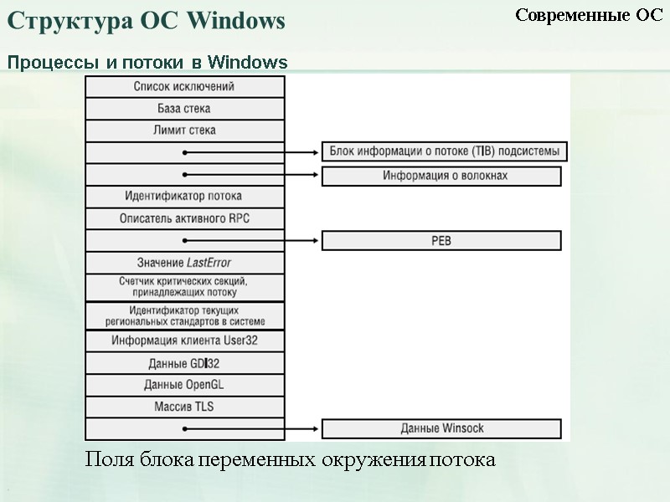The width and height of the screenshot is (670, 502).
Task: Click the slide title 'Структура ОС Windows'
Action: (x=147, y=22)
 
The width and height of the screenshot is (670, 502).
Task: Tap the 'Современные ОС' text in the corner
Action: (x=589, y=15)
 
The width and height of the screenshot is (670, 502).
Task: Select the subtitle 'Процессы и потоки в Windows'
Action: (x=148, y=63)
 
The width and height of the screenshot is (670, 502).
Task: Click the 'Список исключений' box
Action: (x=184, y=86)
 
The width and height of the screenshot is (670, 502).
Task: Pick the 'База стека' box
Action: (x=184, y=109)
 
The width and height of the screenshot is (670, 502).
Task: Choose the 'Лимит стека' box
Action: (x=184, y=131)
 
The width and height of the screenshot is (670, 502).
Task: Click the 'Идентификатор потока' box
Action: (x=184, y=196)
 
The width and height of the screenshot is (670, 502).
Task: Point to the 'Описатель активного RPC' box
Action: (x=184, y=218)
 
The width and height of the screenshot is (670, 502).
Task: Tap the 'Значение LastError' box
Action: (x=184, y=262)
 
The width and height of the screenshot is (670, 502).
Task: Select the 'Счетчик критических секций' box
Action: (x=184, y=287)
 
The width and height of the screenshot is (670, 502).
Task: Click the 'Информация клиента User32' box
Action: (x=184, y=341)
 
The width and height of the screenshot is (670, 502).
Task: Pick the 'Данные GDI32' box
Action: (x=184, y=363)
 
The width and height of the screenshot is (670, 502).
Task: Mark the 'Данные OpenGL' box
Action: (x=184, y=385)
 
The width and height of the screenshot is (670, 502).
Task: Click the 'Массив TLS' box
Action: (x=184, y=407)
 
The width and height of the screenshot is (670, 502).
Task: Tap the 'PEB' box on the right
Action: (x=441, y=240)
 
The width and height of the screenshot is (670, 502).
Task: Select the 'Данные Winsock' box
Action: (x=441, y=428)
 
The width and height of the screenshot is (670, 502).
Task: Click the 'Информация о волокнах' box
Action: (x=441, y=176)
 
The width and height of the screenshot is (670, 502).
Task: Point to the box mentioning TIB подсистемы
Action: (x=445, y=151)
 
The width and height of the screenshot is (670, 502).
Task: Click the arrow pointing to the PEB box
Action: (x=251, y=240)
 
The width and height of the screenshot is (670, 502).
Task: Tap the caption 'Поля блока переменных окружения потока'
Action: (x=290, y=460)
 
